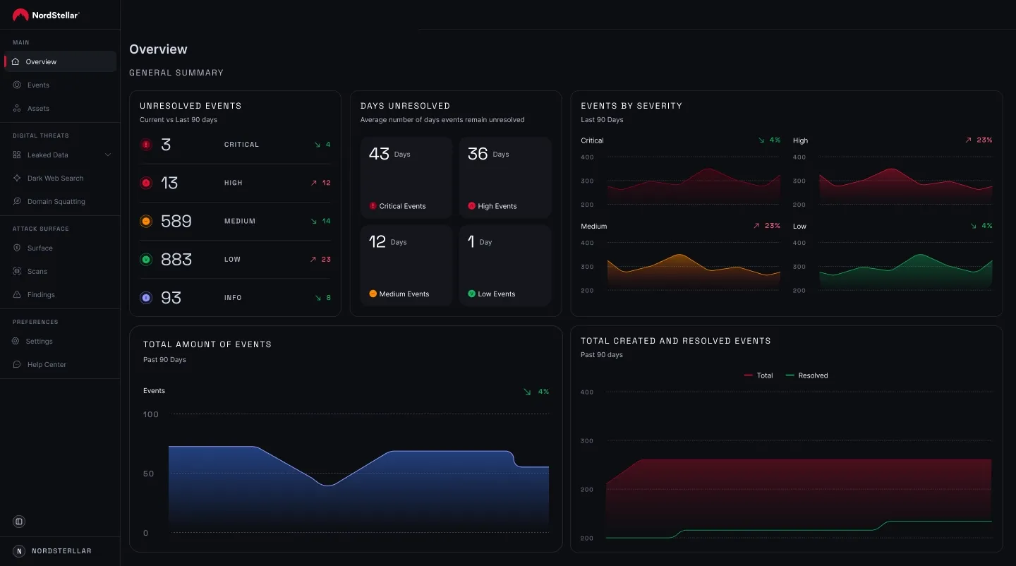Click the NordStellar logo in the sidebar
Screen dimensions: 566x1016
pos(46,15)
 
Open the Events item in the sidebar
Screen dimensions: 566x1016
pos(38,85)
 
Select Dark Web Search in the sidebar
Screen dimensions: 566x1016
pos(55,179)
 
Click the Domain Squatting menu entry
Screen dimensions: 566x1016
pos(56,202)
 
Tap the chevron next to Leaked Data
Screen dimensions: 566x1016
pos(108,155)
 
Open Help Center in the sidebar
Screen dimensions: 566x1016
pos(47,365)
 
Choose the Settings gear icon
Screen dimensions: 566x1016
pos(17,342)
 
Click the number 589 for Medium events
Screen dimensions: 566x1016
pos(176,221)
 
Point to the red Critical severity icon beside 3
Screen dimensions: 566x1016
pos(146,145)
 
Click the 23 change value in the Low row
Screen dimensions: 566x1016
pos(325,260)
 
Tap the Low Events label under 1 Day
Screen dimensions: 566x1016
pos(496,294)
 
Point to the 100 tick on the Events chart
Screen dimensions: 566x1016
pos(151,414)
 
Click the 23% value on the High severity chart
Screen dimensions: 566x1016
pos(984,140)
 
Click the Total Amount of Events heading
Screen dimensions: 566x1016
pos(207,344)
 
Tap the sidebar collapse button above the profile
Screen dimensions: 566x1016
pos(19,522)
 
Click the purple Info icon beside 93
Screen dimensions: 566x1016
pos(146,298)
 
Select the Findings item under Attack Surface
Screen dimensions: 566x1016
pos(41,295)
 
